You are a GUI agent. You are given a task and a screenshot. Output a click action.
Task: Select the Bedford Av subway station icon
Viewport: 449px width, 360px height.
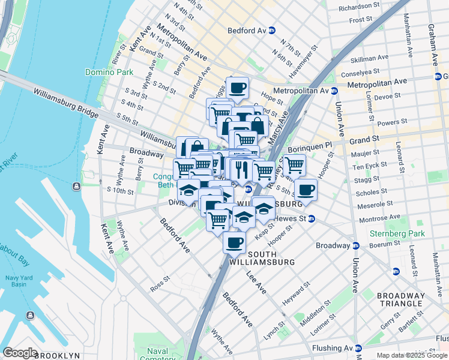click(272, 30)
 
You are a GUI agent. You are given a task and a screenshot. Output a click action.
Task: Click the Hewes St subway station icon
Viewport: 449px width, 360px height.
click(312, 218)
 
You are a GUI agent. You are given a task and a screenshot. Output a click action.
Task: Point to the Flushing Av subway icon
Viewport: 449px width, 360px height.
click(358, 348)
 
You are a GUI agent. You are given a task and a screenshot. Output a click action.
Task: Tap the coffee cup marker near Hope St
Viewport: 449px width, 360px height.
click(237, 88)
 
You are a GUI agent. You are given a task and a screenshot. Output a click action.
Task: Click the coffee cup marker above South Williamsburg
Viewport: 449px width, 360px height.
click(234, 243)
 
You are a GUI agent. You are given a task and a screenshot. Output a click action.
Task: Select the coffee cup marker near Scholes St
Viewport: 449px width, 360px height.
click(306, 190)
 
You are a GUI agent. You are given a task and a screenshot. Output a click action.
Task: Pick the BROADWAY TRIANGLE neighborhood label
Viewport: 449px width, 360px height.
click(401, 300)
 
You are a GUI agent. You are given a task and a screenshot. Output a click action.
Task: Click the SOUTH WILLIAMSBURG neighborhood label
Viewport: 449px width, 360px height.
click(263, 258)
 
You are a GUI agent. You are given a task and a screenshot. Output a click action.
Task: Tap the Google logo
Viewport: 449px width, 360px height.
click(20, 353)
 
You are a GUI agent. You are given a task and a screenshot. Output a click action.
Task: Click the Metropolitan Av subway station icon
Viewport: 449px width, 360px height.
click(334, 91)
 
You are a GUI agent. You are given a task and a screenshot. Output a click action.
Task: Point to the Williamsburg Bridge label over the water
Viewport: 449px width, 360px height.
click(65, 99)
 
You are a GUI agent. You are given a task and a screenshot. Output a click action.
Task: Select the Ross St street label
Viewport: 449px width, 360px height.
click(160, 284)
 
